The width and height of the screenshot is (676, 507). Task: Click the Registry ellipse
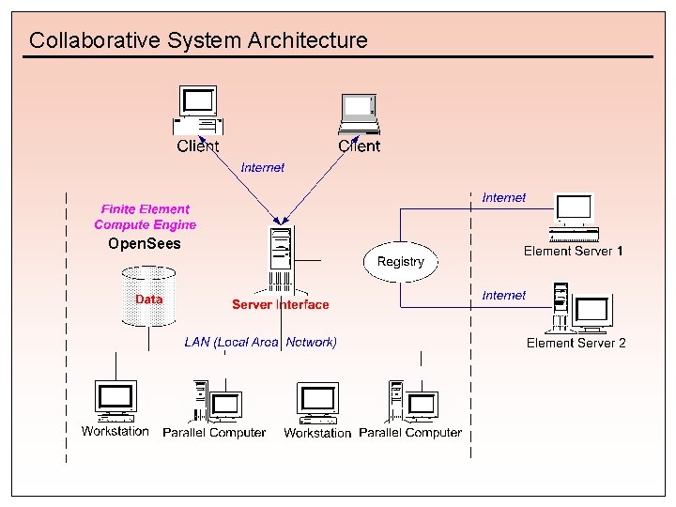pos(401,261)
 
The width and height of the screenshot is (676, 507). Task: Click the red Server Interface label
pos(281,304)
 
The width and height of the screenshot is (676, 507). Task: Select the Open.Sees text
pos(144,244)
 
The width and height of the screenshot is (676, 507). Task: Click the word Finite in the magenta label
pos(118,209)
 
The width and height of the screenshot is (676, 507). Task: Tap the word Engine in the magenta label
pos(176,225)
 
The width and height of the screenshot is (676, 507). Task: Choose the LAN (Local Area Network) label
pos(260,342)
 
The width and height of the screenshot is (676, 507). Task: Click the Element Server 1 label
pos(573,251)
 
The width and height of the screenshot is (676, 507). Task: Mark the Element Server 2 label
pos(576,343)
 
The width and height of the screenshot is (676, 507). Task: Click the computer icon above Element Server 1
pos(574,212)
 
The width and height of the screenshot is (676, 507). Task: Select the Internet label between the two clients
pos(263,167)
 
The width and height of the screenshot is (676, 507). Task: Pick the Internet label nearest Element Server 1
pos(504,197)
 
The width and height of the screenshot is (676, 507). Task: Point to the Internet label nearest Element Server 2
pos(504,295)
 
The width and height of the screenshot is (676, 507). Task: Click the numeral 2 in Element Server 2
pos(622,343)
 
